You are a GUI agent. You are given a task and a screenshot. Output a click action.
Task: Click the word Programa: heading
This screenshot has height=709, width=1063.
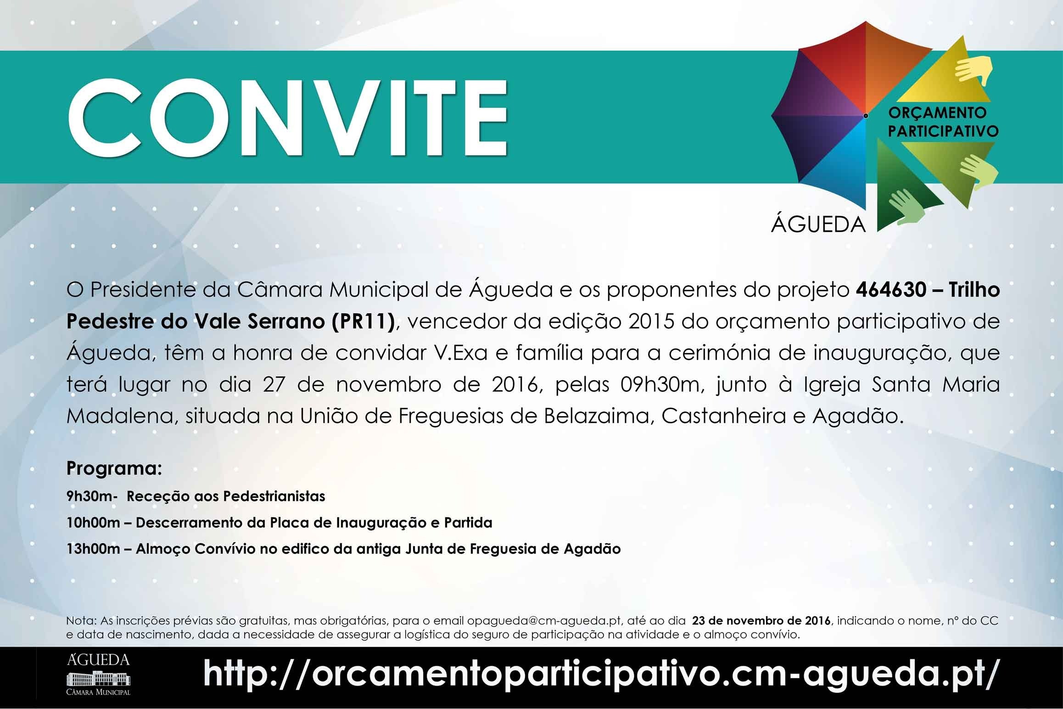pos(114,468)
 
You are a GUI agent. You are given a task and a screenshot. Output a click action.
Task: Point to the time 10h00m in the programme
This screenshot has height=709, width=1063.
pos(93,523)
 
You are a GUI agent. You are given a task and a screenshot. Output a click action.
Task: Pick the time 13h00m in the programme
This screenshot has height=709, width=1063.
pos(93,549)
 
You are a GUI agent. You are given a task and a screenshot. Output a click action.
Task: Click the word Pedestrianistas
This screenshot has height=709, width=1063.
pos(274,496)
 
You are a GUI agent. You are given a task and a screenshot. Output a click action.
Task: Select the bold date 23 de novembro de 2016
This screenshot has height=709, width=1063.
pos(761,621)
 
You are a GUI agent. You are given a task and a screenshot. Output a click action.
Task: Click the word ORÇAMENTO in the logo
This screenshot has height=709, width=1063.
pos(937,113)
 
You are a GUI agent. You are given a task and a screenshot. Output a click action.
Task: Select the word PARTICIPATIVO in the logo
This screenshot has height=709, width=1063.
pos(943,131)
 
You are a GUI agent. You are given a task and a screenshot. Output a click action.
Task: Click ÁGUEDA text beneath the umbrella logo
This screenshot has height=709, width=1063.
pos(818,225)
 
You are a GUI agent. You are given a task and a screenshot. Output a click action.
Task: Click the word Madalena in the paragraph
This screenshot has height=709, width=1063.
pos(118,416)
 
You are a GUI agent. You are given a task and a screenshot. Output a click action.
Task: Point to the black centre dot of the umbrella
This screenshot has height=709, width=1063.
pos(865,116)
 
